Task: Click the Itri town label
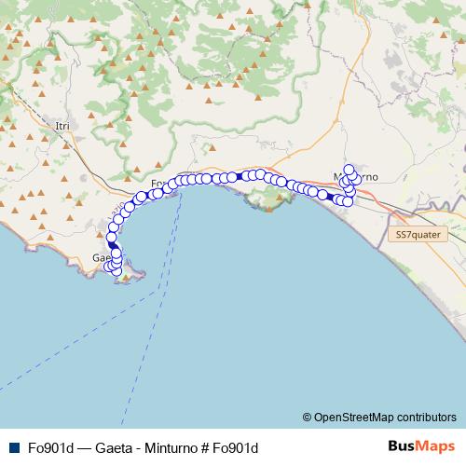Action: (62, 125)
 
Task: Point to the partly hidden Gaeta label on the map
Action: (100, 257)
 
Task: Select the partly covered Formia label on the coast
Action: (158, 183)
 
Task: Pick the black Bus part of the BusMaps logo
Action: (404, 446)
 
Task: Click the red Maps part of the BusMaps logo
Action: (438, 446)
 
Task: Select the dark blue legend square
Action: (11, 447)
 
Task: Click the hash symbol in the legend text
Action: (206, 447)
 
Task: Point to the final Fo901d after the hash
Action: (235, 447)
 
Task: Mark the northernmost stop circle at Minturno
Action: (349, 170)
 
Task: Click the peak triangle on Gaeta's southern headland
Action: (127, 277)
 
